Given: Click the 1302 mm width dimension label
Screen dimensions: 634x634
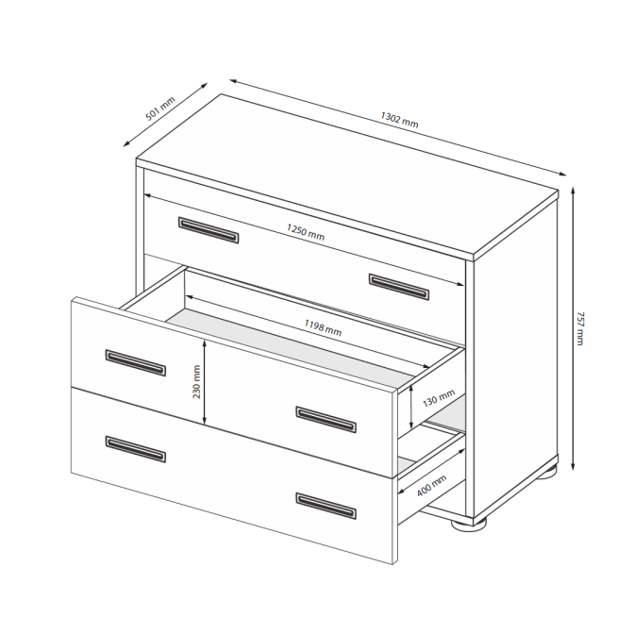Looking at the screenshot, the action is pos(399,120).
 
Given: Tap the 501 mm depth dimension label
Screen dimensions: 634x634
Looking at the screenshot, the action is pos(160,108).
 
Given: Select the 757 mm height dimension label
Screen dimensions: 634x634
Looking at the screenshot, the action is pos(580,328).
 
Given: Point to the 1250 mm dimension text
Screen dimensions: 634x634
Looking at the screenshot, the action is pos(306,232).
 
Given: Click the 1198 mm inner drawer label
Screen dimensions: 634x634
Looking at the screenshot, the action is pos(323,327).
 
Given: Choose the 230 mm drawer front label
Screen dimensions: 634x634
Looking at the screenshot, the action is pos(196,382).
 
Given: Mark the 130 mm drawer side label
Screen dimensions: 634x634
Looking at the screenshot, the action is pos(439,398).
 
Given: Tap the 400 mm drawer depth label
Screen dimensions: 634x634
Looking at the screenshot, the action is pos(431,485).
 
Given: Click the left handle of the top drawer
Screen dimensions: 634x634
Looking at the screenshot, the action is pos(209,230).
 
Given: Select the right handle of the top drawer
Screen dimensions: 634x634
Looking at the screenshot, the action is pos(399,287).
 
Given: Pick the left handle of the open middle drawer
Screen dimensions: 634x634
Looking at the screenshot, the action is pos(136,362).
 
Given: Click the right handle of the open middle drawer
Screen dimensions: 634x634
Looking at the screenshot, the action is pos(325,420).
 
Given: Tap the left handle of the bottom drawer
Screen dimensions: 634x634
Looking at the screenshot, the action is pos(136,449).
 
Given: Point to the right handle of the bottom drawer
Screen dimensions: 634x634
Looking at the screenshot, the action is pos(325,506).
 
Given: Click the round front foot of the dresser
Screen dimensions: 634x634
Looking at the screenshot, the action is pos(469,525).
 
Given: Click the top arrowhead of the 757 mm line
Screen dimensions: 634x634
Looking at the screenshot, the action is pos(573,190).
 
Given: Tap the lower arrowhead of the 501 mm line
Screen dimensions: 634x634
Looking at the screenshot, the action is pos(126,143).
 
